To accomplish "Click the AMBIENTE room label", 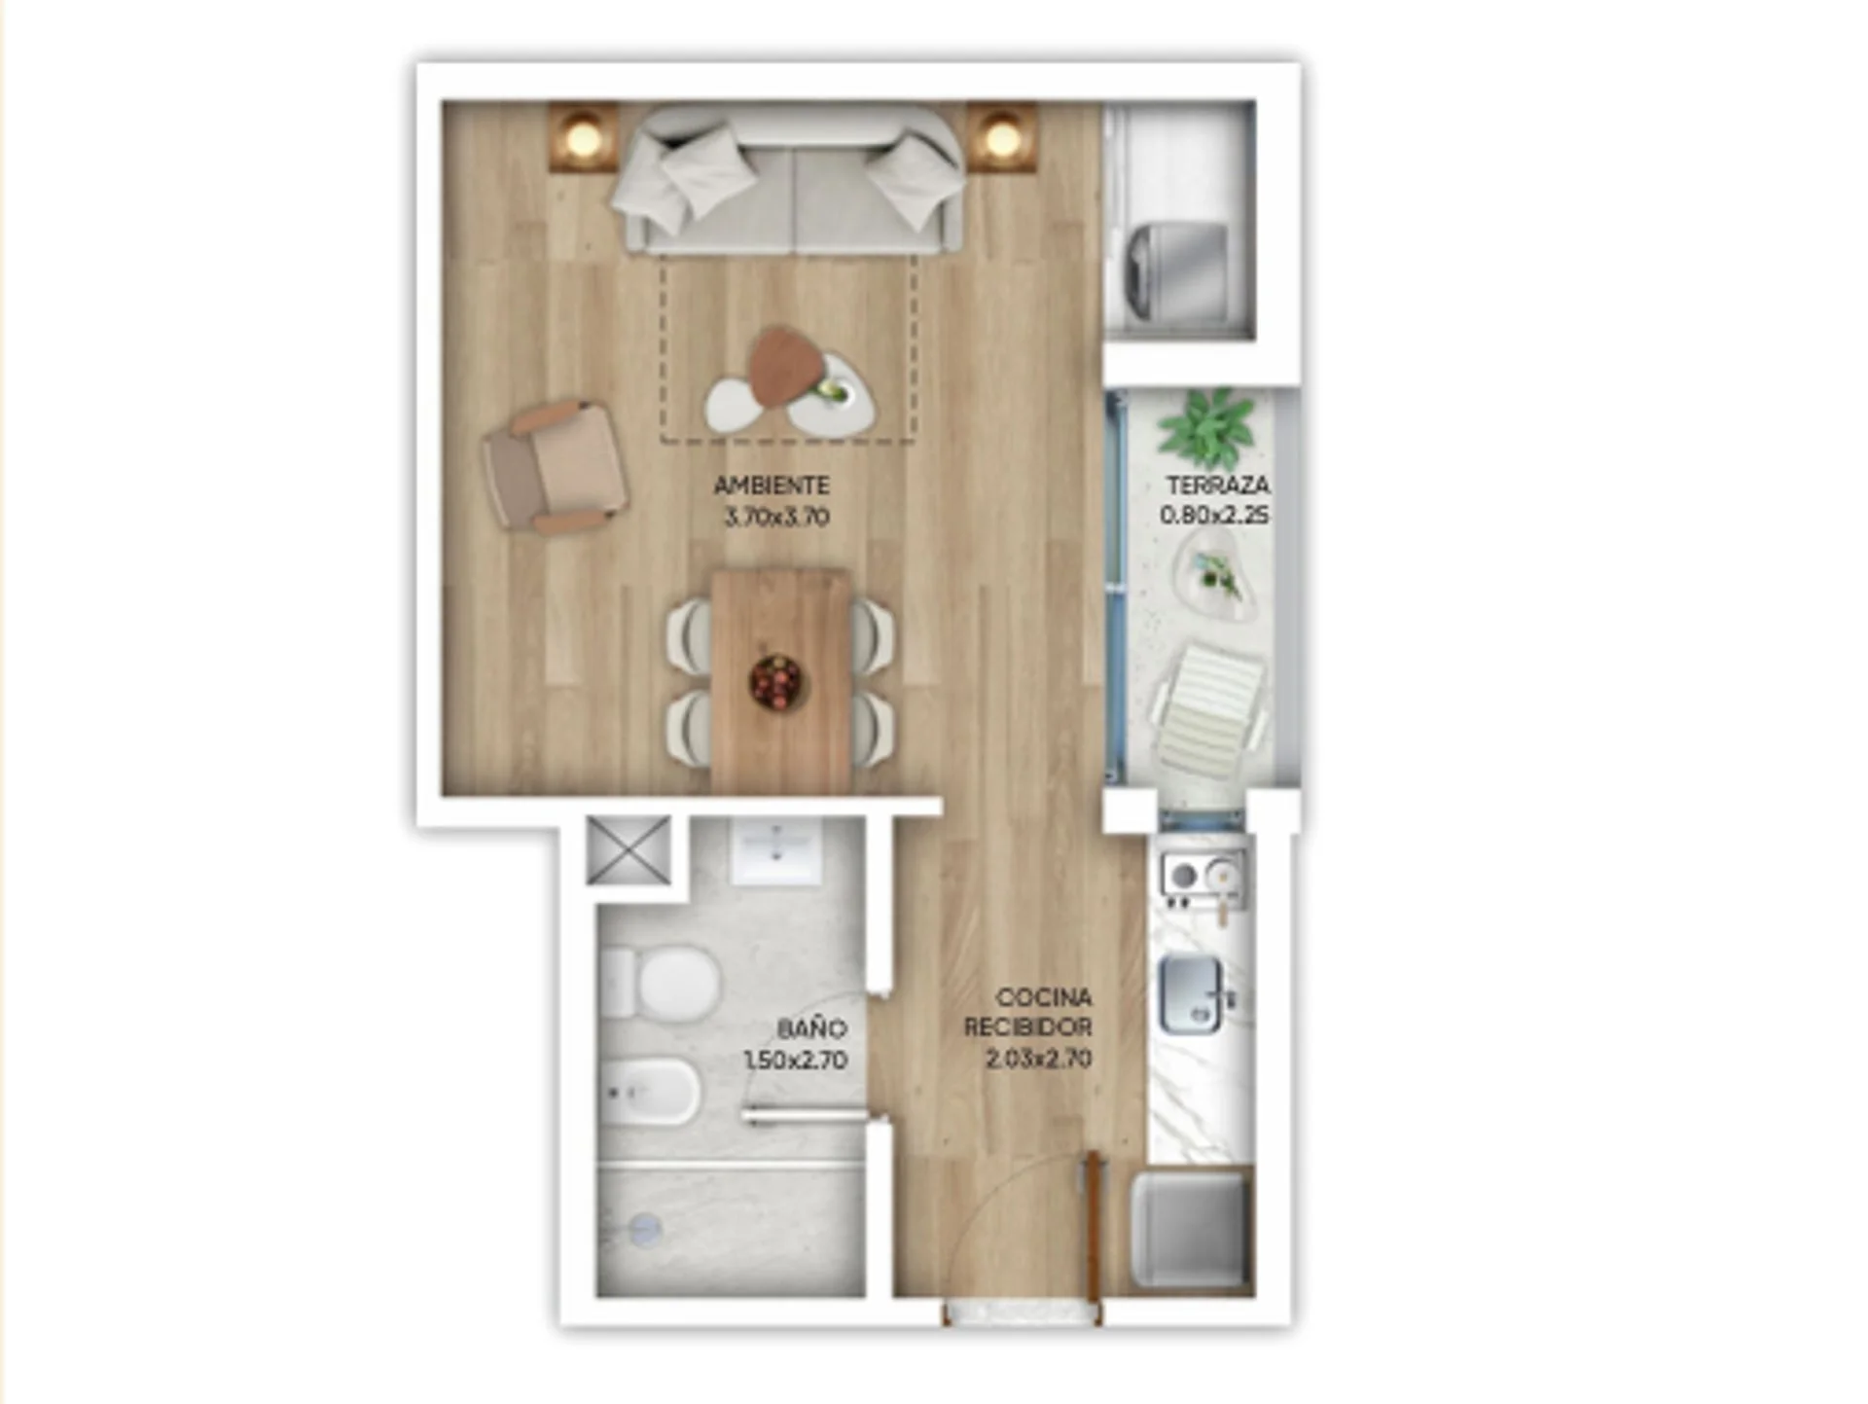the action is click(x=772, y=485).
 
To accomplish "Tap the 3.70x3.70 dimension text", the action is click(x=776, y=517).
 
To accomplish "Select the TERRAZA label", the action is click(x=1217, y=484).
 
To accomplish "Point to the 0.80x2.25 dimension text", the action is click(x=1215, y=515).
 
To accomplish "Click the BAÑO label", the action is click(x=811, y=1027).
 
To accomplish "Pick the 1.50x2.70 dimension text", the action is click(x=795, y=1060).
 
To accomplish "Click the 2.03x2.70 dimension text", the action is click(x=1038, y=1059).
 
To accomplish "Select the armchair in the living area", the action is click(x=556, y=467).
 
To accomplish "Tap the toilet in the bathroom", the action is click(x=661, y=983).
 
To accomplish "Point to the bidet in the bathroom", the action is click(x=650, y=1090).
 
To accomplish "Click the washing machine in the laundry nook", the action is click(x=1176, y=273).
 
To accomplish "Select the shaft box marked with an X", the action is click(x=629, y=850).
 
